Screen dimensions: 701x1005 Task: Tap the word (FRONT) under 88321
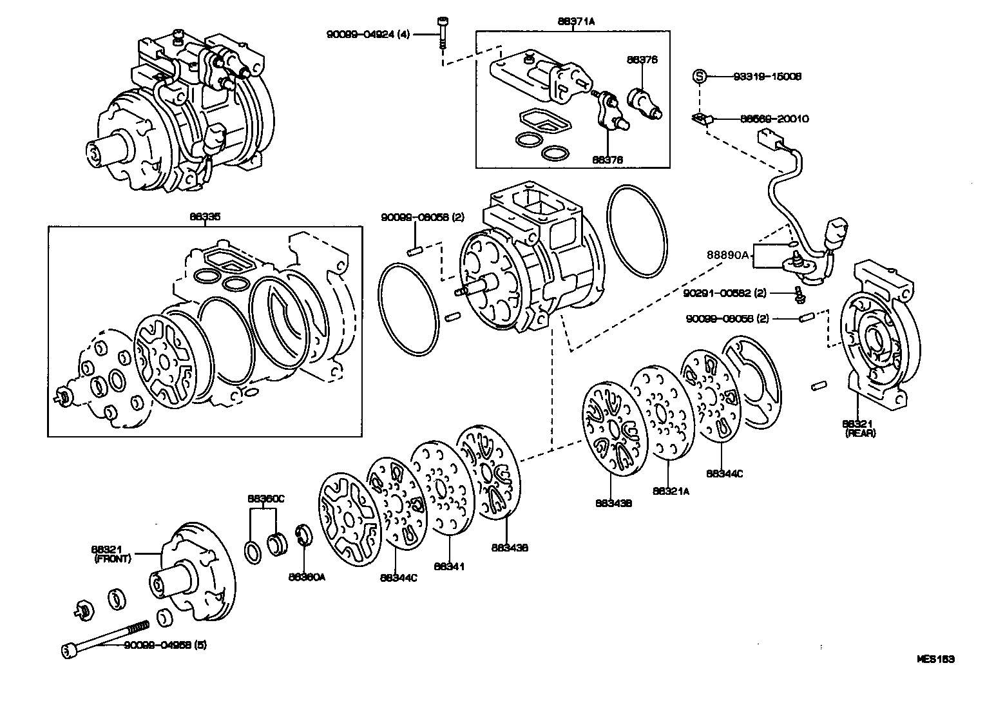[112, 559]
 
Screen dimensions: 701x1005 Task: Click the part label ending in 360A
[307, 577]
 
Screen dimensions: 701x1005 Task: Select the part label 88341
[449, 567]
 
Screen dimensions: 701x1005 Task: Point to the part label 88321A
[670, 491]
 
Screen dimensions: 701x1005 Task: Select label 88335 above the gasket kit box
[204, 218]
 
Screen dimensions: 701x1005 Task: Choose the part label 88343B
[613, 503]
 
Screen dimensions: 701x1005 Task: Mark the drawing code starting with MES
[935, 659]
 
